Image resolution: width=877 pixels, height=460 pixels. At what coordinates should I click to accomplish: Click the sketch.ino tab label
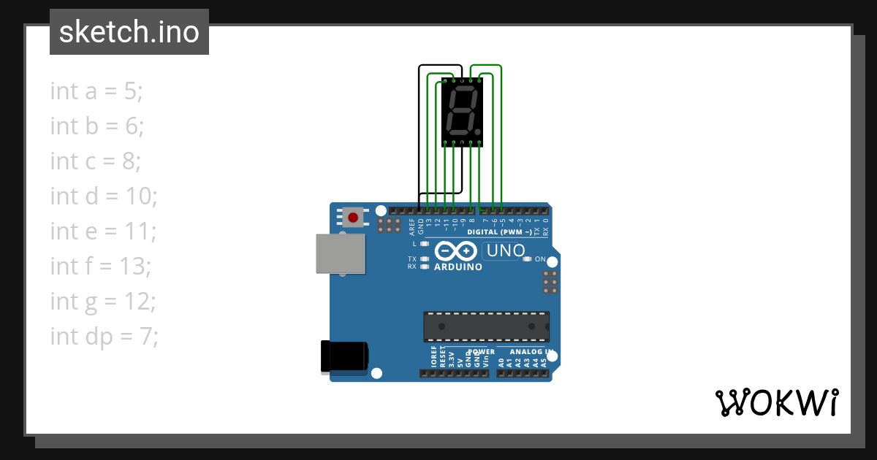[129, 33]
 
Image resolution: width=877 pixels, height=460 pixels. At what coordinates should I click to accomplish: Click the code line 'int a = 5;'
[96, 91]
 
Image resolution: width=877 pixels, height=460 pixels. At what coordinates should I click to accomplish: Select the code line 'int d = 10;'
[104, 196]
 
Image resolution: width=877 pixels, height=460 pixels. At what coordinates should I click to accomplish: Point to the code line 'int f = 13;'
[101, 266]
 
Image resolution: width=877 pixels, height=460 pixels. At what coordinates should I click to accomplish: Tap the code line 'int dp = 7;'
[105, 336]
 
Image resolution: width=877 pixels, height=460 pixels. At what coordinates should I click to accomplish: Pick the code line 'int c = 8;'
[96, 161]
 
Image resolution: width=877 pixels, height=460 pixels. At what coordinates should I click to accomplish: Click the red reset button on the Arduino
[354, 217]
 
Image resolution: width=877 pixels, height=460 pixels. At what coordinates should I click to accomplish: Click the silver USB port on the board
[340, 253]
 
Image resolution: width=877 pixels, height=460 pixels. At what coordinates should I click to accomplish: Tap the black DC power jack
[344, 357]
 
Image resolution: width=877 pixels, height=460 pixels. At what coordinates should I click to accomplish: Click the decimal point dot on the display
[479, 132]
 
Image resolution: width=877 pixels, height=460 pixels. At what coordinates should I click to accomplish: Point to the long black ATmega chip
[486, 326]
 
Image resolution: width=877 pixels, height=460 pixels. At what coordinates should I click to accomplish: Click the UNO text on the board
[504, 251]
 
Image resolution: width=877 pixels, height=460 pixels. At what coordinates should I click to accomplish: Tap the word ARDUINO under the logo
[458, 267]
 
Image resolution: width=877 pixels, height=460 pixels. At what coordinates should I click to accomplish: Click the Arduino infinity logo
[456, 251]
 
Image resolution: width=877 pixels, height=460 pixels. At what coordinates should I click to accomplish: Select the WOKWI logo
[776, 402]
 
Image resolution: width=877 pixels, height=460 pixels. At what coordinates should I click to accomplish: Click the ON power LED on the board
[528, 259]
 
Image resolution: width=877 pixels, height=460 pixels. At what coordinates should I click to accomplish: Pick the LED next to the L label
[425, 244]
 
